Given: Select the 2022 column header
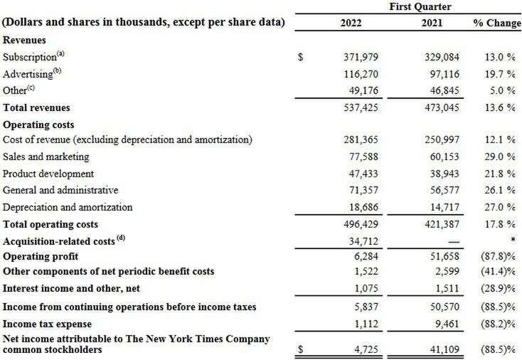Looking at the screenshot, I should click(351, 23).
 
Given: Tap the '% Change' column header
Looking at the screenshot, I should click(497, 23).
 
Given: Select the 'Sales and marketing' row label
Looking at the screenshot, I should click(46, 157).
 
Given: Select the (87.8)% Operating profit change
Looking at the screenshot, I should click(496, 256).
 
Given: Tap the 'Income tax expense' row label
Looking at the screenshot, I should click(52, 324).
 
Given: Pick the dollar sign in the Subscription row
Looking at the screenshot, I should click(301, 57).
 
